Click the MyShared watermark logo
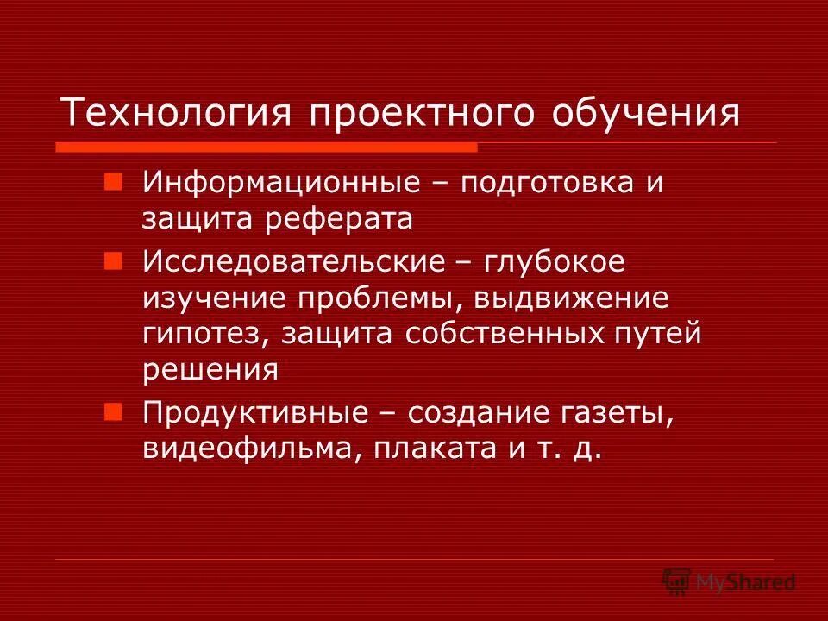tap(729, 581)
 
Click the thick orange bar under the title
tap(267, 147)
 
